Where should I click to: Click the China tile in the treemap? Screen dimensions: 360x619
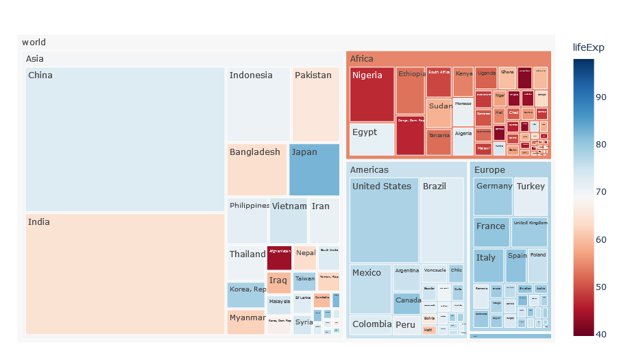coord(125,139)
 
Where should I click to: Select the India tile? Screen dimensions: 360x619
coord(125,274)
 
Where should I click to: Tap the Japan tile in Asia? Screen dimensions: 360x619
coord(314,170)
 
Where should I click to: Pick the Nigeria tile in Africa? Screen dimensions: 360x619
coord(372,95)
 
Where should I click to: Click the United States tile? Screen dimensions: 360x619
coord(384,219)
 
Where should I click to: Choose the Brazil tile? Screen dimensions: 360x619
coord(442,219)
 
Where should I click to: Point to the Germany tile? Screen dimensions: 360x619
coord(492,197)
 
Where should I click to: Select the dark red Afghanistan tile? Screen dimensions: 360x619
coord(279,258)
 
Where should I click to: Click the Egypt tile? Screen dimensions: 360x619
coord(372,139)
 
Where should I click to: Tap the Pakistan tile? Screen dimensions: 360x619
coord(315,104)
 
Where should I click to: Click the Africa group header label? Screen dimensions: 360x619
coord(362,59)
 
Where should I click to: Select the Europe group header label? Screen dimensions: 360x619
coord(489,169)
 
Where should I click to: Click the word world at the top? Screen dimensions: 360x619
coord(34,43)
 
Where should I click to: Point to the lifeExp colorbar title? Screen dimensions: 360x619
coord(589,47)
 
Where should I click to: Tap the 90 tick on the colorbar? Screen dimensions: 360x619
coord(601,97)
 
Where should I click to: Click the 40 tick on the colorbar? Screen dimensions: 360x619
coord(601,334)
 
